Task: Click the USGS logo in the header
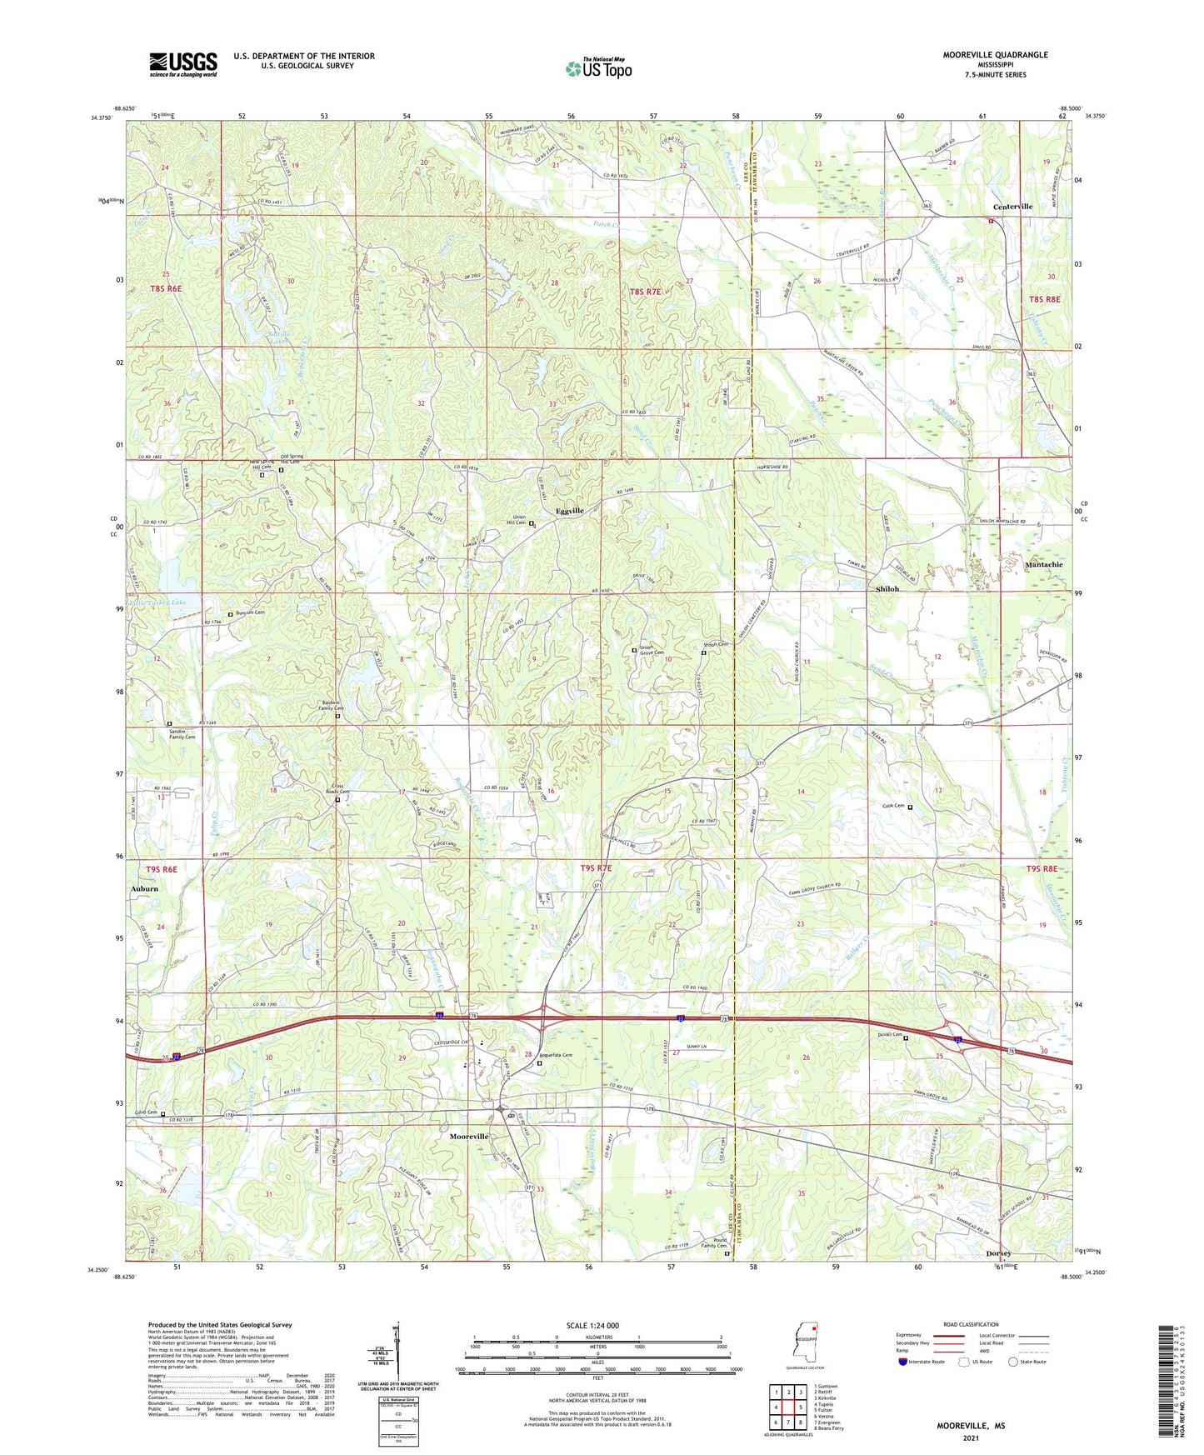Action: [x=183, y=64]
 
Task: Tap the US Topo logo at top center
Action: [x=598, y=68]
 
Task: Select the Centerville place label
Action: [x=1012, y=207]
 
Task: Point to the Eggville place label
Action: [x=570, y=511]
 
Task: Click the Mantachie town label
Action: [x=1043, y=564]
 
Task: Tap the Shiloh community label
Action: [x=887, y=588]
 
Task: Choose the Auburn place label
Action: [x=144, y=888]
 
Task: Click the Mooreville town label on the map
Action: [x=469, y=1137]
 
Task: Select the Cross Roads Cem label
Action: [x=337, y=788]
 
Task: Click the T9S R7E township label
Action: [x=596, y=868]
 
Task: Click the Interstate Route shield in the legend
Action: [x=903, y=1362]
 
